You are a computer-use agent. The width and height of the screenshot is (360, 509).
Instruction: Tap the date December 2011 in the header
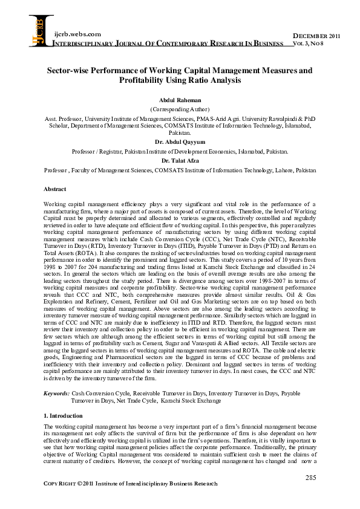pyautogui.click(x=316, y=37)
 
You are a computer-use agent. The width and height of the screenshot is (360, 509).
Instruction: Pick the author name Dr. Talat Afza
pyautogui.click(x=180, y=161)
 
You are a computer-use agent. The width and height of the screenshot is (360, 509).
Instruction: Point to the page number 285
pyautogui.click(x=310, y=478)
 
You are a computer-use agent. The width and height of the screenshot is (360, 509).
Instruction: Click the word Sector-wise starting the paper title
pyautogui.click(x=70, y=70)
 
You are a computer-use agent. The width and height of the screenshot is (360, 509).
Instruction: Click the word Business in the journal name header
pyautogui.click(x=267, y=44)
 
